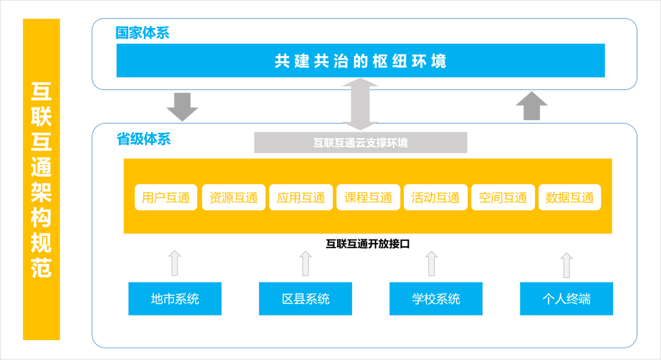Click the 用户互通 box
point(166,197)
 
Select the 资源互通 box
point(234,197)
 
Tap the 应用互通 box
point(301,197)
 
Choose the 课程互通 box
point(369,197)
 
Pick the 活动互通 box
point(436,197)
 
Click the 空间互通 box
point(503,197)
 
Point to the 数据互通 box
point(570,197)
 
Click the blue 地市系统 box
point(175,299)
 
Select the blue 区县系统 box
point(305,299)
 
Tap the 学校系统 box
point(436,299)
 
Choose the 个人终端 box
point(566,299)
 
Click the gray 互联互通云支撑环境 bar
point(361,143)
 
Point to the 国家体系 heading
point(142,32)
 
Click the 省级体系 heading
point(143,139)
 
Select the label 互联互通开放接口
point(368,244)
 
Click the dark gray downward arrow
point(182,107)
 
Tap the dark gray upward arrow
point(532,106)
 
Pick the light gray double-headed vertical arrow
point(360,104)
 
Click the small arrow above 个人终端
point(566,265)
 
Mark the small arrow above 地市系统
point(175,263)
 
